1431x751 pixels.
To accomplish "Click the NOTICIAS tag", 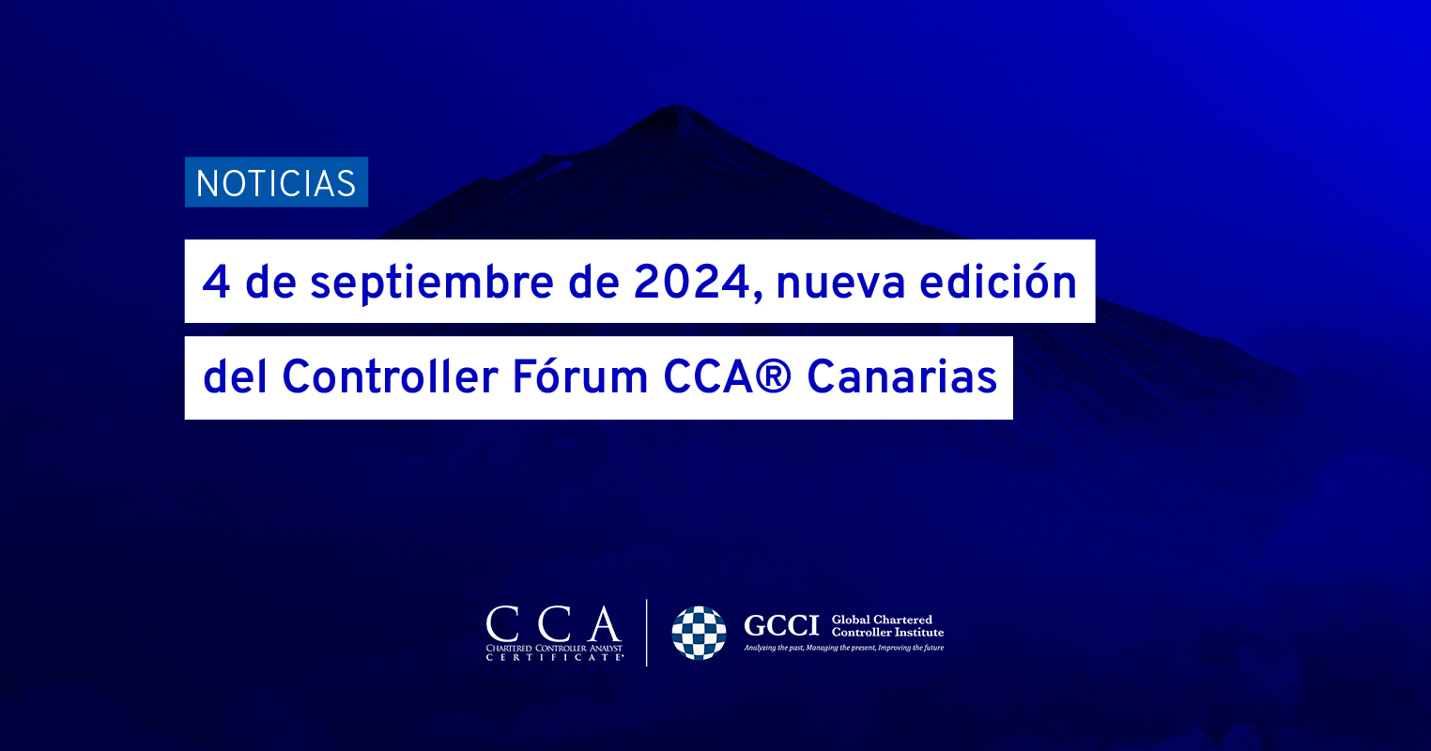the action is coord(276,182).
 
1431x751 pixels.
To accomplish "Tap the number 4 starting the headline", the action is coord(216,283).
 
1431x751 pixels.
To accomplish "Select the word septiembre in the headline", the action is coord(432,284).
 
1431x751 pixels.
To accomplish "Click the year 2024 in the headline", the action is coord(691,283).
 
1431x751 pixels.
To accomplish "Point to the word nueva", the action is coord(840,285).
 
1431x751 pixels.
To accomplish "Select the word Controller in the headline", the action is coord(390,376).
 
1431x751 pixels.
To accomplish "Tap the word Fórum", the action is coord(580,376).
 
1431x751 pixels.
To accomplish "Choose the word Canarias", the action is coord(901,376).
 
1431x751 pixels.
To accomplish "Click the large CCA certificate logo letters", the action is coord(553,624).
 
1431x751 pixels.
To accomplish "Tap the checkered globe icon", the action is coord(699,633).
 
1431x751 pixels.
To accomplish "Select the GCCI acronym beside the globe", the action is coord(780,626).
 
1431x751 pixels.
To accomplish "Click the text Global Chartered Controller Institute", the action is coord(887,626).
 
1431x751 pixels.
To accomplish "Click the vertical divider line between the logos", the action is coord(647,633).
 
